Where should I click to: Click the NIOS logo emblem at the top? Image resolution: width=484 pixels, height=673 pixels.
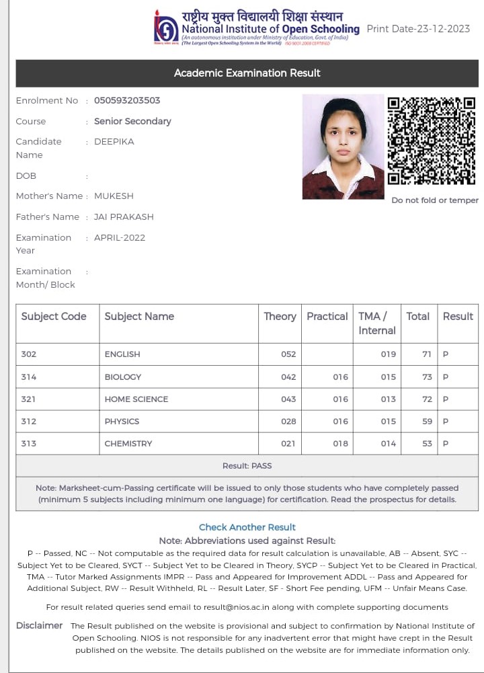pyautogui.click(x=166, y=28)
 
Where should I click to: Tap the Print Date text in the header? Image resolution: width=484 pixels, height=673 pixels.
pyautogui.click(x=418, y=29)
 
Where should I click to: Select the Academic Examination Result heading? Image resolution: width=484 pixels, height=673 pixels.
pyautogui.click(x=247, y=73)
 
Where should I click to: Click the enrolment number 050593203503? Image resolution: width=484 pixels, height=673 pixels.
pyautogui.click(x=127, y=100)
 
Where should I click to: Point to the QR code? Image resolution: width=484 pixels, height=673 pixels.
pyautogui.click(x=432, y=141)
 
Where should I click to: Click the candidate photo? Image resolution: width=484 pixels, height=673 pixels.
pyautogui.click(x=343, y=147)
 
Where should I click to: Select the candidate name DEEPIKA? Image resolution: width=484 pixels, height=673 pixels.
pyautogui.click(x=114, y=141)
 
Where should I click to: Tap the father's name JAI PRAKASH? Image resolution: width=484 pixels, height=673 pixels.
pyautogui.click(x=124, y=216)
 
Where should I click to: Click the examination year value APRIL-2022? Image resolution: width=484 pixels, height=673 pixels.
pyautogui.click(x=120, y=237)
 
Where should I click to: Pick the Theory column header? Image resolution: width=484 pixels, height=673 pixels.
pyautogui.click(x=280, y=316)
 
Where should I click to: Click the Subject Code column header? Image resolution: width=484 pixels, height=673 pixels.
pyautogui.click(x=54, y=316)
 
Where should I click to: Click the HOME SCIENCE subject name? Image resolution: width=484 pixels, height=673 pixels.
pyautogui.click(x=136, y=399)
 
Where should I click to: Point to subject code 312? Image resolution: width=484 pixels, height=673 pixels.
pyautogui.click(x=29, y=422)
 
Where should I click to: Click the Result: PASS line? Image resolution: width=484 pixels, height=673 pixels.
pyautogui.click(x=247, y=465)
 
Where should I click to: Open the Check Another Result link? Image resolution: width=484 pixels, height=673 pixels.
pyautogui.click(x=247, y=527)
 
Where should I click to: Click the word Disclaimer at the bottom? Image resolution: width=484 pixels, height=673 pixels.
pyautogui.click(x=39, y=625)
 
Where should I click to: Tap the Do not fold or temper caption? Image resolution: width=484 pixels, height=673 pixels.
pyautogui.click(x=435, y=200)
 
